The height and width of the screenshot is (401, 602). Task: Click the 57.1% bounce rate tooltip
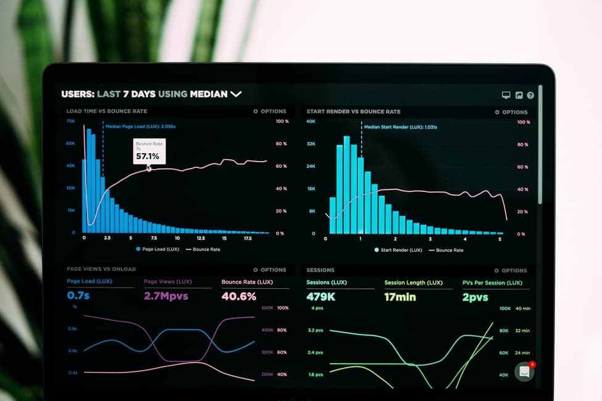148,152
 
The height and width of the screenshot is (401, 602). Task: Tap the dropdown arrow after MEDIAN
236,94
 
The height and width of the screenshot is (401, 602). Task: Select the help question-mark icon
530,95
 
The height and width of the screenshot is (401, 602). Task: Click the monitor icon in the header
506,95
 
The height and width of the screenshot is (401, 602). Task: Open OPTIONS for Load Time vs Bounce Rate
270,112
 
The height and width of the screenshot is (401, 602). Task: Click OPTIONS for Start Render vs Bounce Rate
511,112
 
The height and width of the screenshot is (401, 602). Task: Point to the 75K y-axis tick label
71,121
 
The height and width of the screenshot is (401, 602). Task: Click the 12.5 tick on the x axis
201,238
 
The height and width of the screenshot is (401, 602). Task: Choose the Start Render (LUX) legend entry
398,250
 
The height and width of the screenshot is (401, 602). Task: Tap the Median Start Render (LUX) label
401,127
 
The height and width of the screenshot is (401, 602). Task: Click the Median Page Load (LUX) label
140,126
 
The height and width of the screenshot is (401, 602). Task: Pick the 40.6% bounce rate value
238,296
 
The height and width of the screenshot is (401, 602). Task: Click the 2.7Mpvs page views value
165,296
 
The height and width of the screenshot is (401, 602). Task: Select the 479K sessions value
321,297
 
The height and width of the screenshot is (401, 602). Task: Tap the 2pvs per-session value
475,297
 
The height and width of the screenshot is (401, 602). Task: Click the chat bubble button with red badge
525,371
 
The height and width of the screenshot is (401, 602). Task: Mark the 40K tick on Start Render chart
311,122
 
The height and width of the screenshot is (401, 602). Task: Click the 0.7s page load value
78,296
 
